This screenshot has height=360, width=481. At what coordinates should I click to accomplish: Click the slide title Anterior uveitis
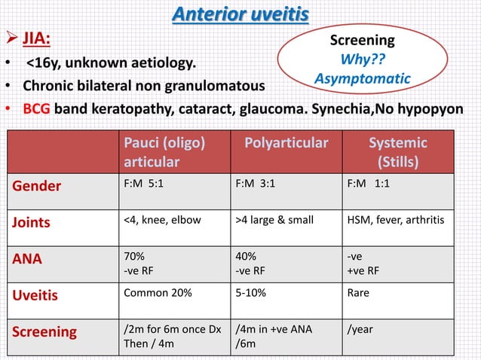240,14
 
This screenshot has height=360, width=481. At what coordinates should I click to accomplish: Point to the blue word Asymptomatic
363,78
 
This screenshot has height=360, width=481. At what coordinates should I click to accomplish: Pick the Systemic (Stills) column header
397,152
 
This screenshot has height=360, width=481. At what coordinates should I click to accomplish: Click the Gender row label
35,186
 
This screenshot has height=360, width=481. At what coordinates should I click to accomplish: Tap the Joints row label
30,222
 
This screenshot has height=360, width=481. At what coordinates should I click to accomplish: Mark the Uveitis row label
33,294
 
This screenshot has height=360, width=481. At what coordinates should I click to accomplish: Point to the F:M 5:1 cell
148,184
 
